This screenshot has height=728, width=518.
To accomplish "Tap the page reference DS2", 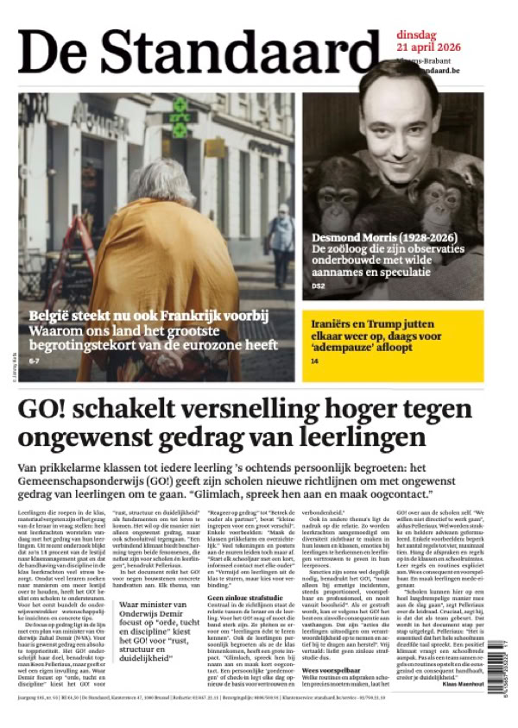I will (x=317, y=286).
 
